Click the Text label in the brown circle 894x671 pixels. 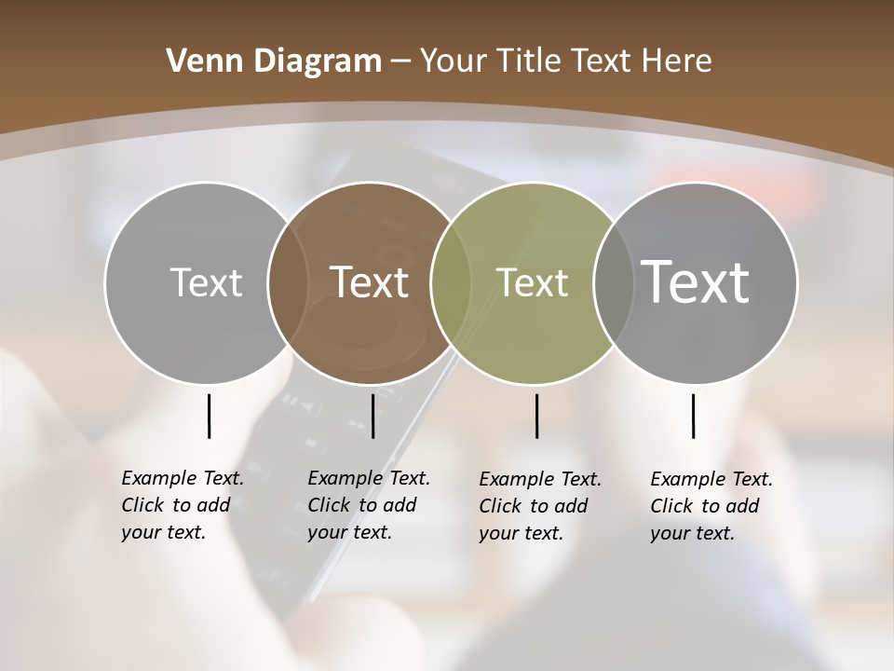pos(370,282)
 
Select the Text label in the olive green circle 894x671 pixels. pos(532,282)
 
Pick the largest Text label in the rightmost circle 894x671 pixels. pos(696,281)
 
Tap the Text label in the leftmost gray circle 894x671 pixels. pos(206,282)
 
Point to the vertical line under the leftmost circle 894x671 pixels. pos(209,416)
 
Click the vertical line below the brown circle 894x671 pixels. pos(372,416)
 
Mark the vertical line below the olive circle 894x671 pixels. pos(536,416)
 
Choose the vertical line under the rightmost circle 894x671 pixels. pos(693,416)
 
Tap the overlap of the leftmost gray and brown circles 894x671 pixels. pos(288,282)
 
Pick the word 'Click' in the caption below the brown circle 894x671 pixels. pos(329,505)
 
